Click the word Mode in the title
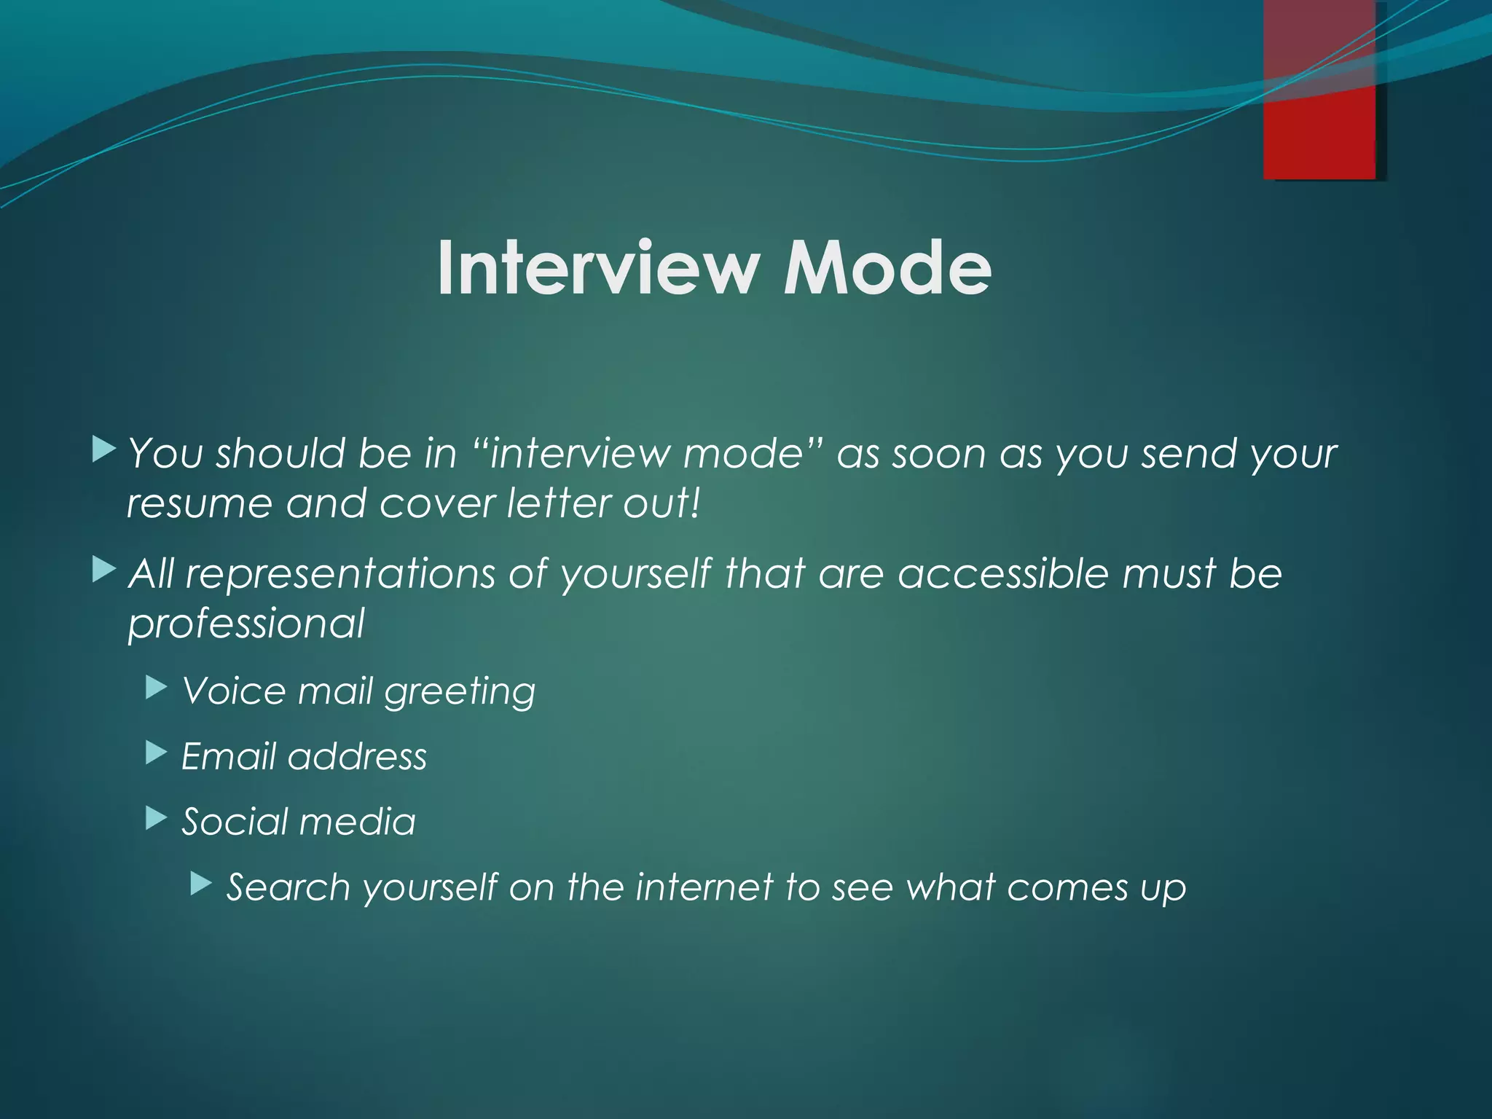click(887, 268)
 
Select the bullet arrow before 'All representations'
click(104, 570)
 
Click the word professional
click(246, 624)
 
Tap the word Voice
click(232, 691)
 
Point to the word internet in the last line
click(704, 887)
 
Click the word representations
click(340, 575)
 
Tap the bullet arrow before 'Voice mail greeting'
click(157, 687)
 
